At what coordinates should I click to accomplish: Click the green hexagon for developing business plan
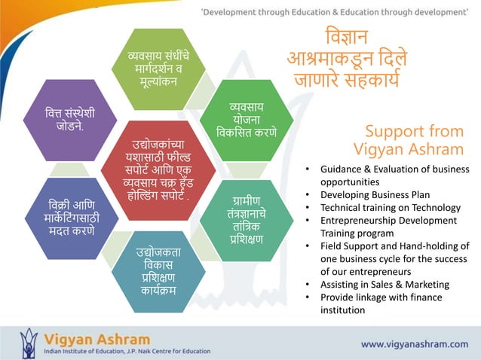point(247,120)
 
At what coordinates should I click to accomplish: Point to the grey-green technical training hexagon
point(247,219)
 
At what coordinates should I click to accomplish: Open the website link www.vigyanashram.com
point(414,343)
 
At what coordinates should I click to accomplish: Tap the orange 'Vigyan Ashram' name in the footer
point(97,338)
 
